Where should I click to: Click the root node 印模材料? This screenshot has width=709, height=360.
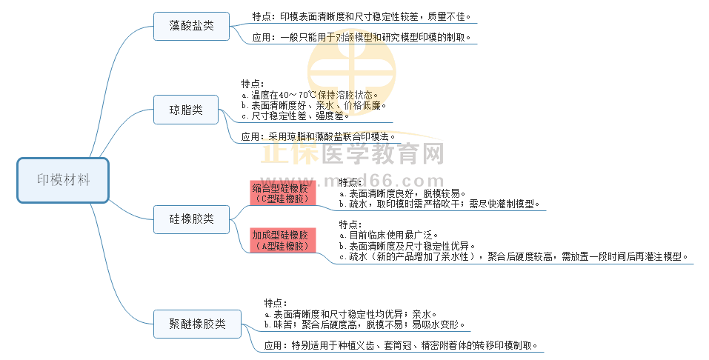point(63,180)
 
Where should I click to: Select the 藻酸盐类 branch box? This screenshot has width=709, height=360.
point(191,25)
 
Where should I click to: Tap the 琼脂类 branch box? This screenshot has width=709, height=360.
point(186,110)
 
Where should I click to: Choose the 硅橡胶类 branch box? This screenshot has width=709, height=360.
point(191,219)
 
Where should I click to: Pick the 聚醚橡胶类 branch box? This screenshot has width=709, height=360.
point(197,324)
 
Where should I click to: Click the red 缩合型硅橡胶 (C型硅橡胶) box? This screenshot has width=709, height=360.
point(283,193)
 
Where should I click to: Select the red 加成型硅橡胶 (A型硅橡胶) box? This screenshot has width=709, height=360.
point(283,240)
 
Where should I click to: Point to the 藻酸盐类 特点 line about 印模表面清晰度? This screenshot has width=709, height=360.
point(361,16)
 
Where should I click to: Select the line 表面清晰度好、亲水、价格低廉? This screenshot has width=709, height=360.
point(314,105)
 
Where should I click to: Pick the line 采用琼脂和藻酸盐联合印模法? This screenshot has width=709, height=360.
point(319,136)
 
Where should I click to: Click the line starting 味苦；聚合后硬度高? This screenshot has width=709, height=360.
point(366,324)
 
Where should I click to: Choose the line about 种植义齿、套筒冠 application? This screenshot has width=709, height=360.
point(400,345)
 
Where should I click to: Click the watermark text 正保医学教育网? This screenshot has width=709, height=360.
point(353,154)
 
